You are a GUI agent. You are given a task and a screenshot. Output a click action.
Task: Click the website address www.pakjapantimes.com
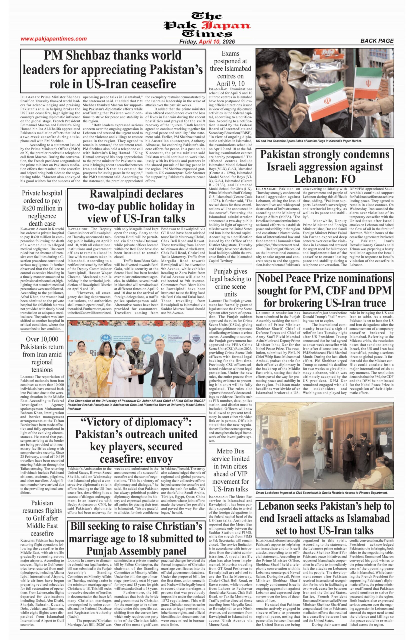coord(54,39)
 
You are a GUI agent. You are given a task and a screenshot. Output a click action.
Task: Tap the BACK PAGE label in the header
coord(377,41)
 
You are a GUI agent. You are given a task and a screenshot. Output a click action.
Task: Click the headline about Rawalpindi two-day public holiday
coord(136,206)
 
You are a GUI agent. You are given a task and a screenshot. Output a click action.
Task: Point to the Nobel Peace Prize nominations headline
coord(325,290)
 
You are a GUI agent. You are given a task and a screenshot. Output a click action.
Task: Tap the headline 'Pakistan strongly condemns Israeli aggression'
coord(325,167)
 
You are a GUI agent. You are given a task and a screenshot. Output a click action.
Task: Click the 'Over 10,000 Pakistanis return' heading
coord(42,354)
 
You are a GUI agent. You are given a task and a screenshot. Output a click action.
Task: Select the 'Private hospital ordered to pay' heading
coord(42,208)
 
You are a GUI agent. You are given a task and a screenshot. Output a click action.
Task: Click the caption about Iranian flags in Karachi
coord(308,141)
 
